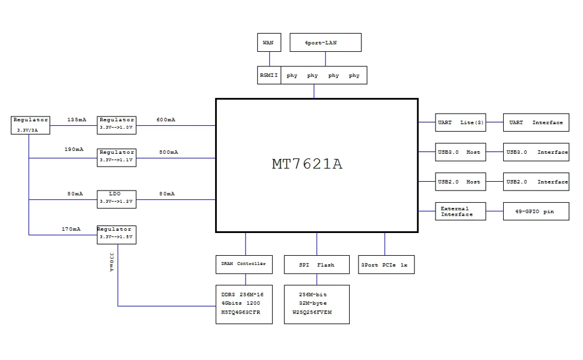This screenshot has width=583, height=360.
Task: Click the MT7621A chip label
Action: [x=307, y=164]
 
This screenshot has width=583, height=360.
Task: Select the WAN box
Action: [x=269, y=43]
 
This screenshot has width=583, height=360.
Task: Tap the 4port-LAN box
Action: [x=325, y=43]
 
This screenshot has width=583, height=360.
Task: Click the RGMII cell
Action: [x=269, y=76]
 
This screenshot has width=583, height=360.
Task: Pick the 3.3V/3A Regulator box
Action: [x=31, y=125]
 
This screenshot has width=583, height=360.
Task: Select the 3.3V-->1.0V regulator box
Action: [x=117, y=123]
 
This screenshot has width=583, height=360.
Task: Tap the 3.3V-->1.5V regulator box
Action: [x=117, y=234]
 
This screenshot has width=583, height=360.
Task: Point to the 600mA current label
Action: [x=166, y=120]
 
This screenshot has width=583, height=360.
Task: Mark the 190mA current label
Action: [x=74, y=150]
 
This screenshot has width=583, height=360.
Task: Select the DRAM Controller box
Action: [x=244, y=264]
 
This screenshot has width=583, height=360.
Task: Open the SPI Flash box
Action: [x=317, y=264]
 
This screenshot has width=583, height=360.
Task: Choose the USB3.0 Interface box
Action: [x=536, y=152]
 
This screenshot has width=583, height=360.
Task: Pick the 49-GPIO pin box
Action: [x=536, y=211]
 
